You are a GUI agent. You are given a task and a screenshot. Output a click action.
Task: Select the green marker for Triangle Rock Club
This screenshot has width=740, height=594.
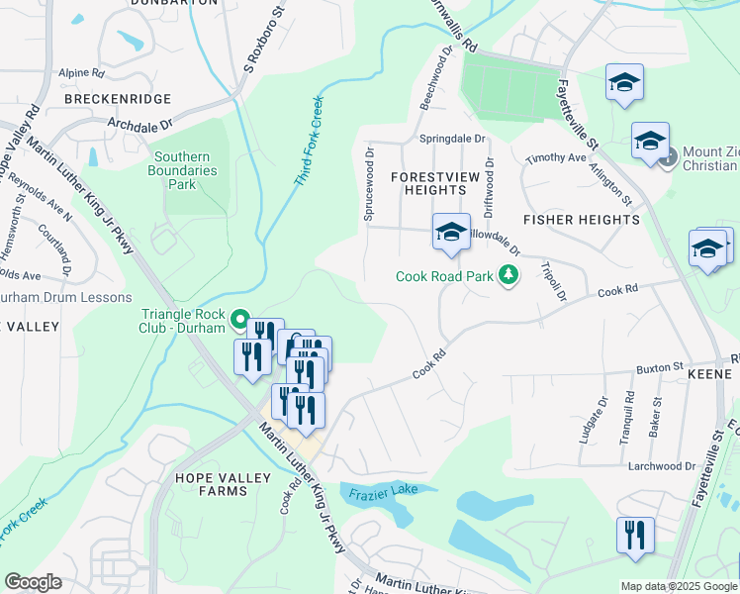coord(238,320)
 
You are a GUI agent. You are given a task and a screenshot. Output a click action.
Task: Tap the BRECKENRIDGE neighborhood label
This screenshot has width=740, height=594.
coord(117,100)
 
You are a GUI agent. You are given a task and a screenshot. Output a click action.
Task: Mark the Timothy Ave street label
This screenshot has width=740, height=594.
coord(556,158)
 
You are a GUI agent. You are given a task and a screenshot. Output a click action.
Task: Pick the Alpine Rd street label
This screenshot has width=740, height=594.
coord(81,73)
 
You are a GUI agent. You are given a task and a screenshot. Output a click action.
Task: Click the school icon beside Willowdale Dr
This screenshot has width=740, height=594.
coord(450,234)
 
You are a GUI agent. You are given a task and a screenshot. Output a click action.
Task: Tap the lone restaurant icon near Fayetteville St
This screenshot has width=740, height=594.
coord(635,535)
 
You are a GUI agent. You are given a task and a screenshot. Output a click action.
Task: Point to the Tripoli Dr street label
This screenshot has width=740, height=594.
coord(553,282)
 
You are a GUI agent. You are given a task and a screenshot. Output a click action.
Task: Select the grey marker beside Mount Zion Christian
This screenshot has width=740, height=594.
coord(670,156)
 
